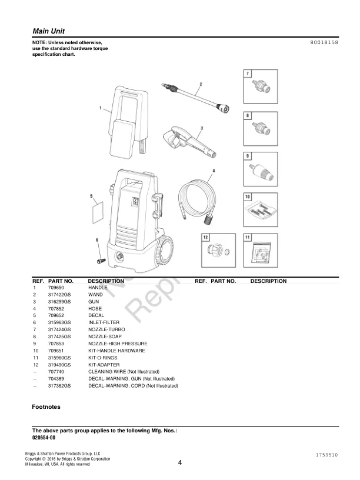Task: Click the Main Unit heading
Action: coord(48,31)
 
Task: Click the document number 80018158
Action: coord(324,44)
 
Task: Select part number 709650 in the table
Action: coord(56,287)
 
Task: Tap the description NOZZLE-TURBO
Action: coord(106,329)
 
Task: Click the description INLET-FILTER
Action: coord(104,322)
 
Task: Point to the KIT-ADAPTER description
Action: coord(104,365)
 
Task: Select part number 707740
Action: coord(56,372)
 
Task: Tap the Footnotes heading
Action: coord(46,406)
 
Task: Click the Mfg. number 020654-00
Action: coord(44,438)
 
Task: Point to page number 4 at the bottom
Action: coord(179,462)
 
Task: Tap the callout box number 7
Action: coord(248,73)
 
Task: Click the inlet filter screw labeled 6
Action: coord(101,257)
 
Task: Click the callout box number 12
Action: coord(205,237)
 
